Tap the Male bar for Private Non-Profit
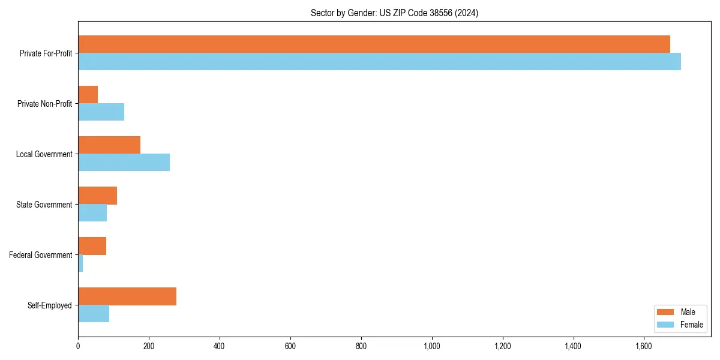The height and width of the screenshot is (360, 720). coord(88,95)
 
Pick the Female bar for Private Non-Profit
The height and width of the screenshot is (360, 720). coord(101,112)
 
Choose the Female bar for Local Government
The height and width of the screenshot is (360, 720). coord(124,163)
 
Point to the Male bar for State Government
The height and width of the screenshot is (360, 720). coord(97,196)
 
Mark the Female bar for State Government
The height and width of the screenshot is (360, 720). coord(92,213)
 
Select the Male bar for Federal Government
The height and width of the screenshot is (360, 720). coord(92,246)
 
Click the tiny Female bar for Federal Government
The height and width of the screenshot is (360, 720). coord(80,263)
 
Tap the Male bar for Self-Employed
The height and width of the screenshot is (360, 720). coord(127,296)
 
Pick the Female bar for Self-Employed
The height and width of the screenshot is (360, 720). coord(94,314)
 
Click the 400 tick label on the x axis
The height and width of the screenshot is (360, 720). coord(220,346)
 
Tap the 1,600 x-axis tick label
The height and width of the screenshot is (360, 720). coord(644,346)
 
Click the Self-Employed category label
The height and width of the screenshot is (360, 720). coord(50,305)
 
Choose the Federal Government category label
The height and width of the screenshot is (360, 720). coord(41,255)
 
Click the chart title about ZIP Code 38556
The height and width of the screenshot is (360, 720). coord(394,13)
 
